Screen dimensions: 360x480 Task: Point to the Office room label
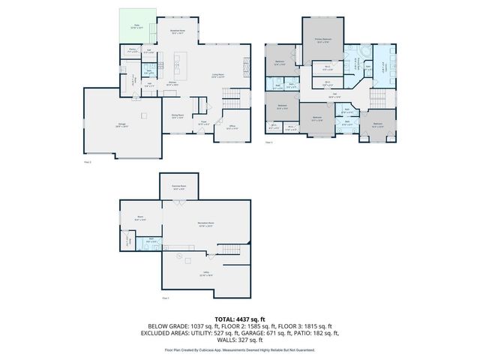[x=231, y=126]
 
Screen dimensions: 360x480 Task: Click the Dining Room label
[x=178, y=116]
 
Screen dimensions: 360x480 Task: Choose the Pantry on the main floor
[x=132, y=52]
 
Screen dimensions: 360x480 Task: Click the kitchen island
[x=178, y=62]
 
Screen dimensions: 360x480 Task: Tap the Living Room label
[x=218, y=76]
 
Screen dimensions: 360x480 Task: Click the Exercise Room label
[x=178, y=187]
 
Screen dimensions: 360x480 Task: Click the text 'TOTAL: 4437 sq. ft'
[x=240, y=319]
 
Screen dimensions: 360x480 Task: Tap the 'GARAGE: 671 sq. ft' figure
[x=284, y=333]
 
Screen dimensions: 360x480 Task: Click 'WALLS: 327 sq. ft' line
[x=240, y=340]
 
